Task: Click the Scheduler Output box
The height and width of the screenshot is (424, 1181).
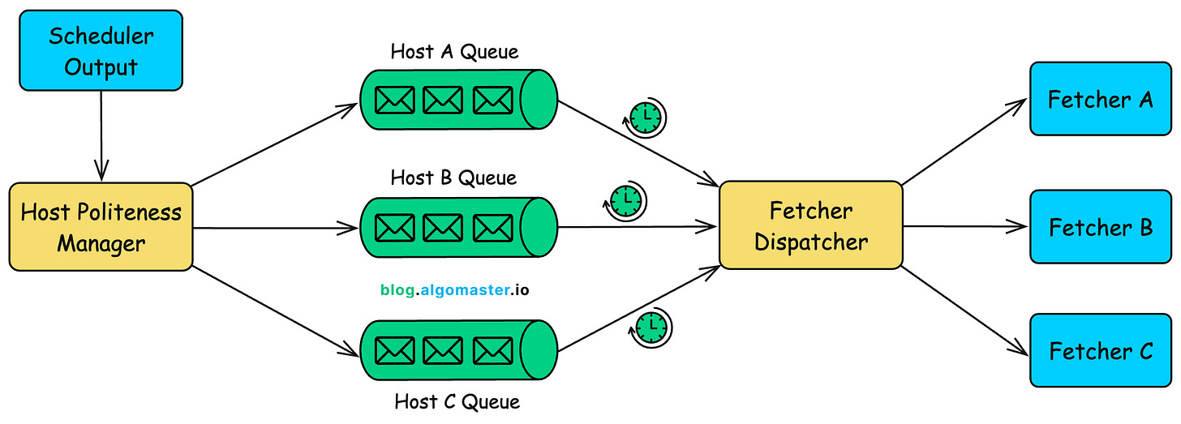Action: [x=101, y=50]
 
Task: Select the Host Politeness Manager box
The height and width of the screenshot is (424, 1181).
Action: [x=101, y=228]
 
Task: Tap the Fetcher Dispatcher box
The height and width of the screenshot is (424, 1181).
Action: [x=811, y=226]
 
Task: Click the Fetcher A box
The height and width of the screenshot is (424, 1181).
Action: [x=1100, y=100]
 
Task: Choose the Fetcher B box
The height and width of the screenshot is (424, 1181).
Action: [x=1100, y=227]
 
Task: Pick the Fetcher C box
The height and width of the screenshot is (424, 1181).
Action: [x=1100, y=351]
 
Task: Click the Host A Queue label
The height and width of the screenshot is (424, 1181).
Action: [x=454, y=52]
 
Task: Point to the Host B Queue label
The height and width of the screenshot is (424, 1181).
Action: [x=453, y=177]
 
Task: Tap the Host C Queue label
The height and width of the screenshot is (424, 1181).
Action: [x=457, y=400]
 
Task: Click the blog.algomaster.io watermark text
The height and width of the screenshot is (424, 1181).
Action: [x=454, y=289]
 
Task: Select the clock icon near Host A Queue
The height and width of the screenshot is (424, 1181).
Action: [x=646, y=118]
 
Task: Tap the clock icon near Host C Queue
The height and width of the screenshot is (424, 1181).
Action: [x=651, y=327]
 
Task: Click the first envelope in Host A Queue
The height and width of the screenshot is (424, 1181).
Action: [x=395, y=100]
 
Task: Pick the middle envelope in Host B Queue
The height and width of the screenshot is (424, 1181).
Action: [x=443, y=227]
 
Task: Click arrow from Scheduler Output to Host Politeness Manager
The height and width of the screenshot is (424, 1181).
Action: [x=101, y=135]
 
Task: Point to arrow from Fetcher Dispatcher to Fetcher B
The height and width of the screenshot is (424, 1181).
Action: [x=965, y=227]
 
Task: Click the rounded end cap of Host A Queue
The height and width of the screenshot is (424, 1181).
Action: [x=538, y=100]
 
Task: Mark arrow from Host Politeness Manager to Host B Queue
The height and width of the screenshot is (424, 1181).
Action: [x=276, y=227]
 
